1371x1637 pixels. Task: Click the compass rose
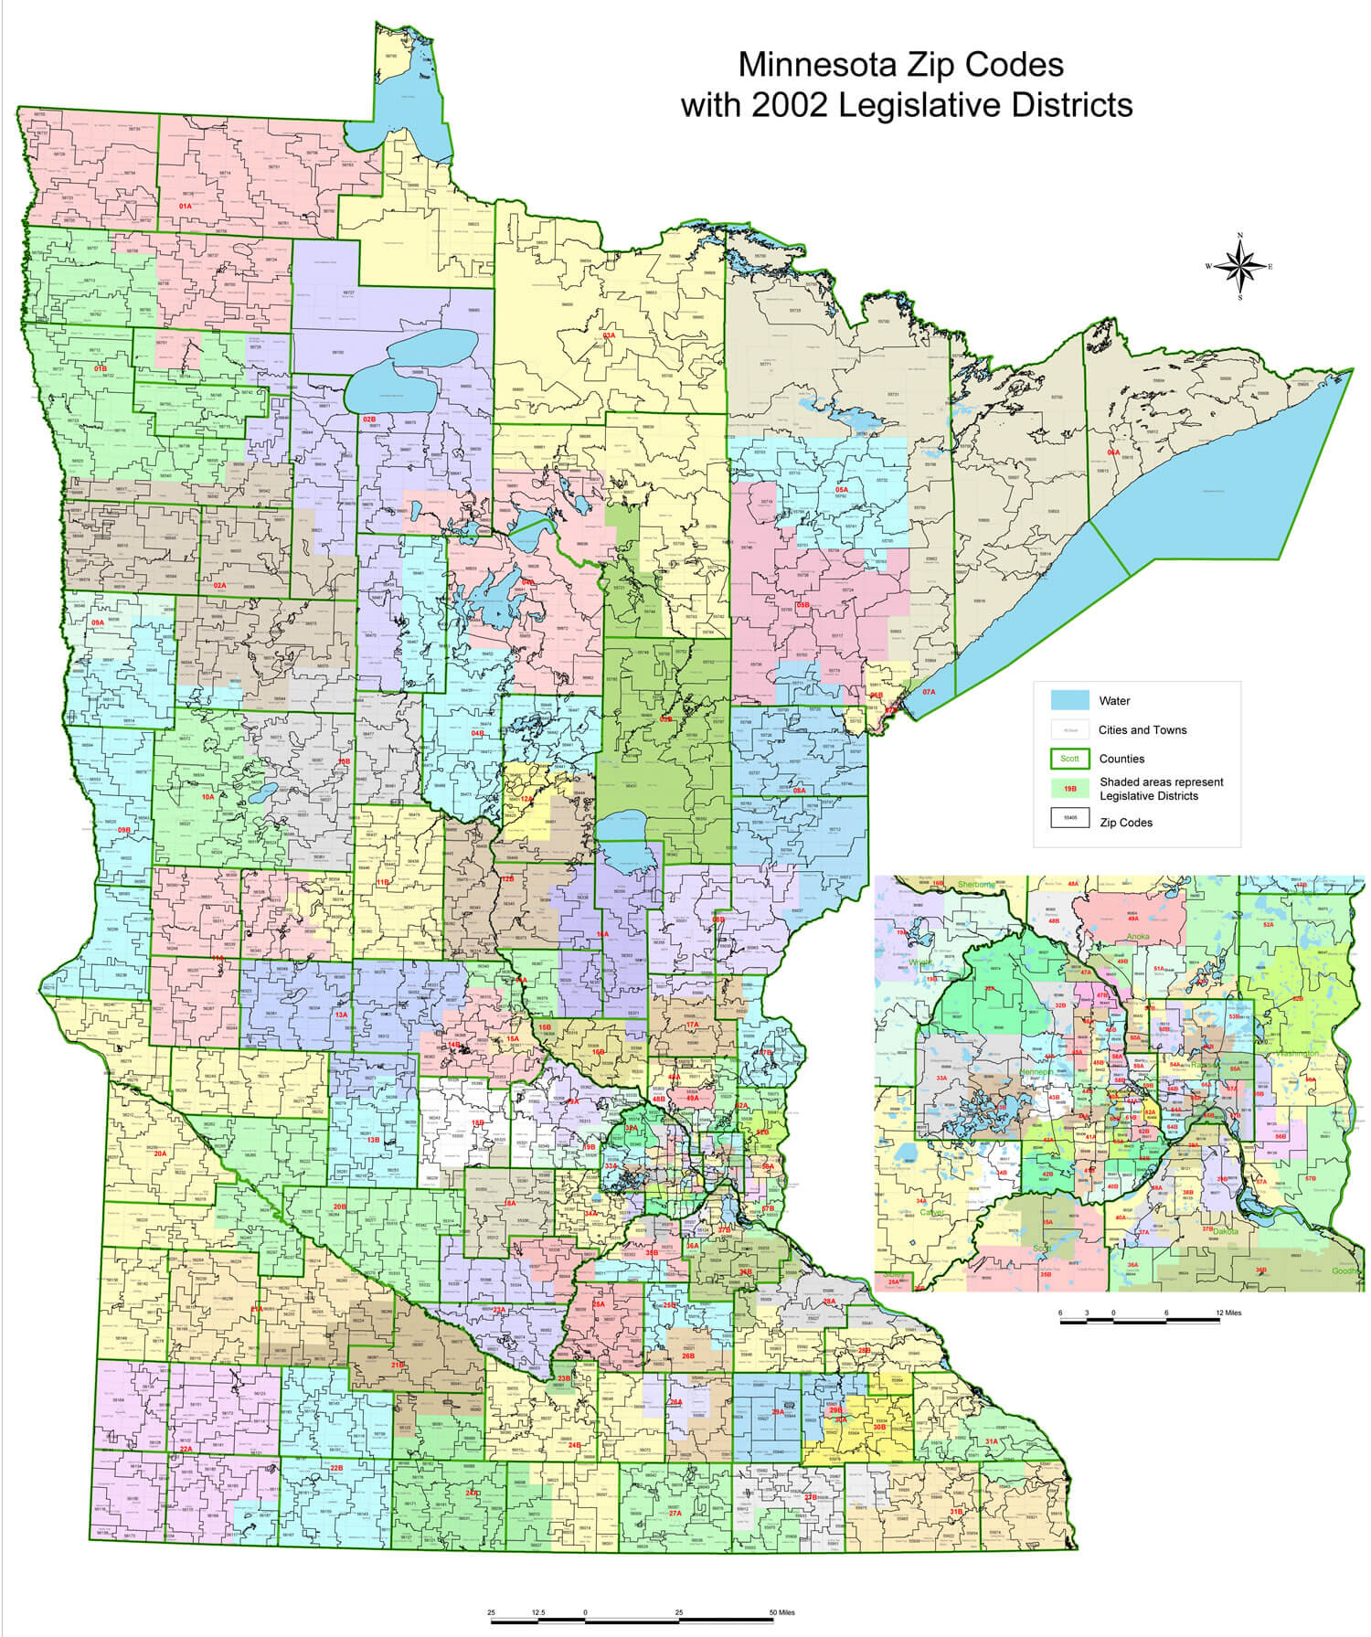[1239, 267]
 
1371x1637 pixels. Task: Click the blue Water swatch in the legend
[1069, 701]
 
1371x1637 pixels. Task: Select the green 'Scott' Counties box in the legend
[1069, 759]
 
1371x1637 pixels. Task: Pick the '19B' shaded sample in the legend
[1069, 788]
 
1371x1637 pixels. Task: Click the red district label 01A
[186, 207]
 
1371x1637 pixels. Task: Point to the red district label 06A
[1113, 452]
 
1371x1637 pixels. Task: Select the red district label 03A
[610, 335]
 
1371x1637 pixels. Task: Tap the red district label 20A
[160, 1153]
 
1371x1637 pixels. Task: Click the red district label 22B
[336, 1468]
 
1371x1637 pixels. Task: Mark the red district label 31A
[991, 1441]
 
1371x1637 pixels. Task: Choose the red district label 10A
[207, 797]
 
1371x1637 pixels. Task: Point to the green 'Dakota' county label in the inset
[1226, 1231]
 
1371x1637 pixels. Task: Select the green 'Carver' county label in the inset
[932, 1213]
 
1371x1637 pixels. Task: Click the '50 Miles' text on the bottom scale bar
[781, 1612]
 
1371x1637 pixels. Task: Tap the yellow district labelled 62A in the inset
[1150, 1112]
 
